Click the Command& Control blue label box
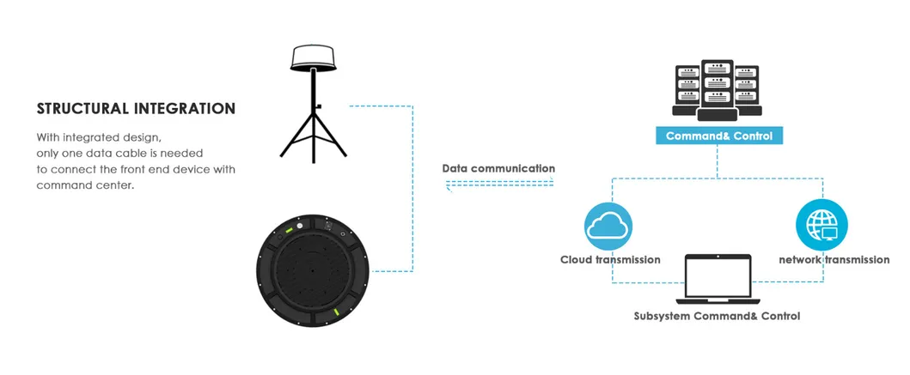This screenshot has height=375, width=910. (719, 136)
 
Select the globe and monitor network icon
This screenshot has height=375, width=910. (821, 225)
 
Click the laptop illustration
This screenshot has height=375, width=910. (718, 280)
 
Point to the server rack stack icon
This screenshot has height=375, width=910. (718, 90)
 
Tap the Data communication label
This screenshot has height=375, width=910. (498, 169)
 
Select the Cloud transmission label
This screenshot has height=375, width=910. (610, 260)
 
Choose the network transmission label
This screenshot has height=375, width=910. (834, 260)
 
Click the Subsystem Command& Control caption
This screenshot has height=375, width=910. (717, 317)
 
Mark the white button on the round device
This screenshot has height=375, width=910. (300, 226)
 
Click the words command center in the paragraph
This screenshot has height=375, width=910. (85, 186)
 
